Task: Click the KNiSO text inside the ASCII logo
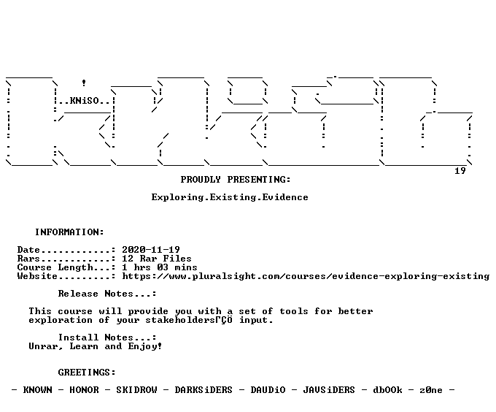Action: (84, 101)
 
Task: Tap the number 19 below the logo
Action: (460, 171)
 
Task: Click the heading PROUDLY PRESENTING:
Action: (236, 180)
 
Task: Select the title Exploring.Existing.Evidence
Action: (230, 197)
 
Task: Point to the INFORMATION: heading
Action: (69, 232)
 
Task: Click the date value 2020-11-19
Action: (151, 250)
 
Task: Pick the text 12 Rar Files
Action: (157, 259)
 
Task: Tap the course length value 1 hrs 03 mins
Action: (160, 267)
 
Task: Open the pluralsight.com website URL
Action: (306, 276)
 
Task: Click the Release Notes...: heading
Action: (107, 294)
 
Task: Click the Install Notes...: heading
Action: (107, 337)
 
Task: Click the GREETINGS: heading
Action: (87, 373)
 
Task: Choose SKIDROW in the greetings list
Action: (136, 390)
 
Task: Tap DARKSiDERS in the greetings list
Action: (204, 390)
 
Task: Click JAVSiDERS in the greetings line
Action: (329, 390)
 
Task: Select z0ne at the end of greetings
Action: (431, 390)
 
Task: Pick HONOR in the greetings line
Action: (84, 390)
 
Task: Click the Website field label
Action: (37, 276)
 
